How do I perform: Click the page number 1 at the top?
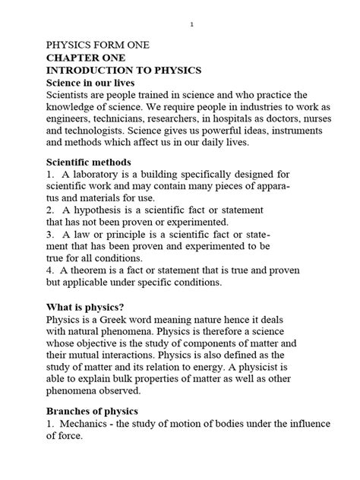pyautogui.click(x=192, y=25)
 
